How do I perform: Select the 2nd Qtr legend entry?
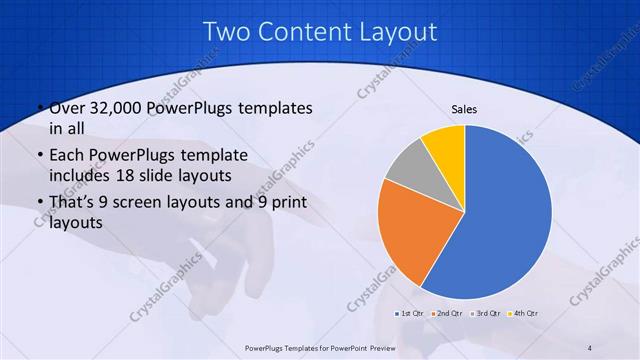[x=447, y=314]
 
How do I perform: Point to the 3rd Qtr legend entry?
[x=485, y=314]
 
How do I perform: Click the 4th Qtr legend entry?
[x=524, y=314]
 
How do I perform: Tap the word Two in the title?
[x=227, y=31]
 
